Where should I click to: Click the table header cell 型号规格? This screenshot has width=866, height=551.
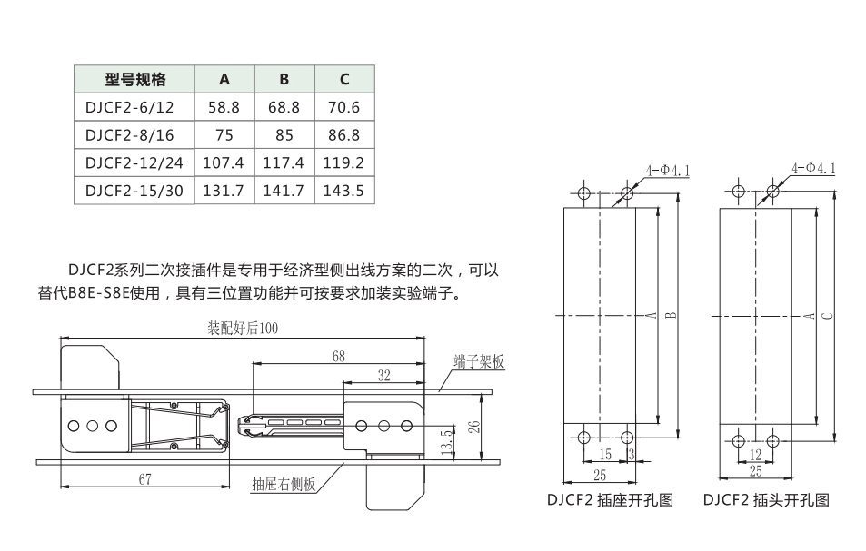(x=134, y=79)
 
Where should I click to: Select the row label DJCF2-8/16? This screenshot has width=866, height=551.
(x=129, y=135)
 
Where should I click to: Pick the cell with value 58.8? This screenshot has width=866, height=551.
(x=224, y=107)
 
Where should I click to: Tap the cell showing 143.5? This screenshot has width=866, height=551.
(x=343, y=191)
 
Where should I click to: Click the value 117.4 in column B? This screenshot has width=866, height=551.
(x=284, y=162)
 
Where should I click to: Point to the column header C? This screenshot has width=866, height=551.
(x=344, y=79)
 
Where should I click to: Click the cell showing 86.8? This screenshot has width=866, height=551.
(x=343, y=135)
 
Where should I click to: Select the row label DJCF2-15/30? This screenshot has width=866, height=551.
(x=134, y=191)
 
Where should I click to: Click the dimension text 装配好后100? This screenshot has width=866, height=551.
(x=243, y=329)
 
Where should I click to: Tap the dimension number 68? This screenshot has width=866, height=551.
(x=339, y=357)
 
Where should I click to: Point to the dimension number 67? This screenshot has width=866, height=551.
(x=144, y=479)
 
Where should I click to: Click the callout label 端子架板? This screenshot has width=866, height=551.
(x=480, y=362)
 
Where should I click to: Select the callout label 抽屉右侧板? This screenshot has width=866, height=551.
(x=284, y=484)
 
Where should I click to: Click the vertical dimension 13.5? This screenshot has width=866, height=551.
(x=446, y=442)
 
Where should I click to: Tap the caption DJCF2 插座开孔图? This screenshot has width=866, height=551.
(x=610, y=499)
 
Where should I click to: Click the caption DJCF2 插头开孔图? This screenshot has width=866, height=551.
(x=766, y=499)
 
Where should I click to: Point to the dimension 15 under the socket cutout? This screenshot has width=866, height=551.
(x=605, y=455)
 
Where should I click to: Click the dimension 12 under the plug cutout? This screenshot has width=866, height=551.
(x=755, y=455)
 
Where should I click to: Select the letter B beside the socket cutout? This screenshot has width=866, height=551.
(x=671, y=316)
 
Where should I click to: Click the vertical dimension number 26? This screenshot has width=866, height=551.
(x=473, y=427)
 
